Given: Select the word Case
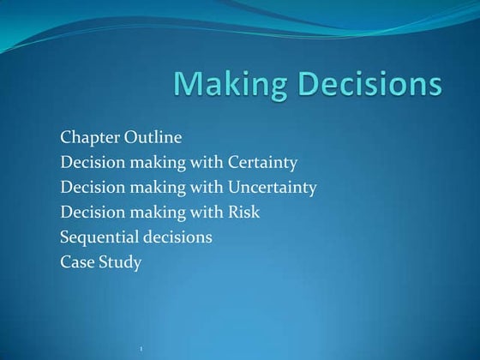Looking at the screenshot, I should click(x=77, y=262).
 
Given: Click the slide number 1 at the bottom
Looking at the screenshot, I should click(x=140, y=348).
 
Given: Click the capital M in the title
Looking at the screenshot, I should click(x=190, y=85).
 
